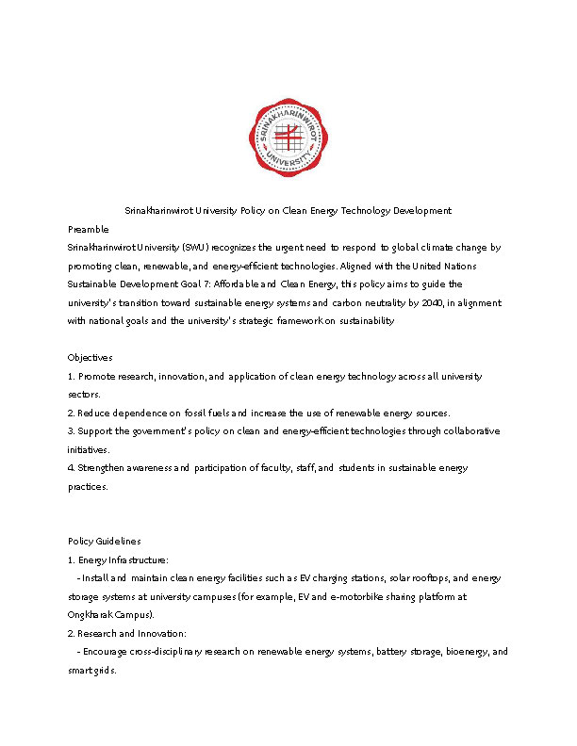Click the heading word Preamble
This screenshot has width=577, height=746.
[89, 229]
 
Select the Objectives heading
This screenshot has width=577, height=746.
[91, 358]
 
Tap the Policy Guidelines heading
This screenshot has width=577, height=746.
[105, 541]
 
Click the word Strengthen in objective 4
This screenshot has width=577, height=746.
[105, 467]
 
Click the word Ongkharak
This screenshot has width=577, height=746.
[91, 614]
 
